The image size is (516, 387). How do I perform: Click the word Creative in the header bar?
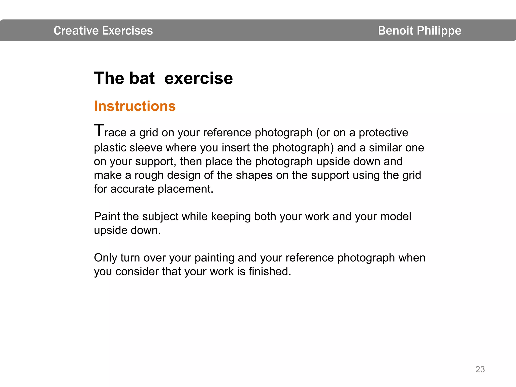tap(76, 31)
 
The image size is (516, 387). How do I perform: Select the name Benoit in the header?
tap(396, 31)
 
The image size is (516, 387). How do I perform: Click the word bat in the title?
tap(142, 78)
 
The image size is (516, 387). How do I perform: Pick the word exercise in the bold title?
tap(199, 78)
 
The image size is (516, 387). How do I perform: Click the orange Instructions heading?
tap(135, 106)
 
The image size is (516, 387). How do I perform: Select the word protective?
tap(383, 133)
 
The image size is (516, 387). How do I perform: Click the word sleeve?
tap(146, 148)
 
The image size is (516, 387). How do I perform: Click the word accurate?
tap(132, 189)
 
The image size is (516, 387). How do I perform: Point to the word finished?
tap(270, 272)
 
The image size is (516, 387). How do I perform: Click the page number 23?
tap(480, 369)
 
